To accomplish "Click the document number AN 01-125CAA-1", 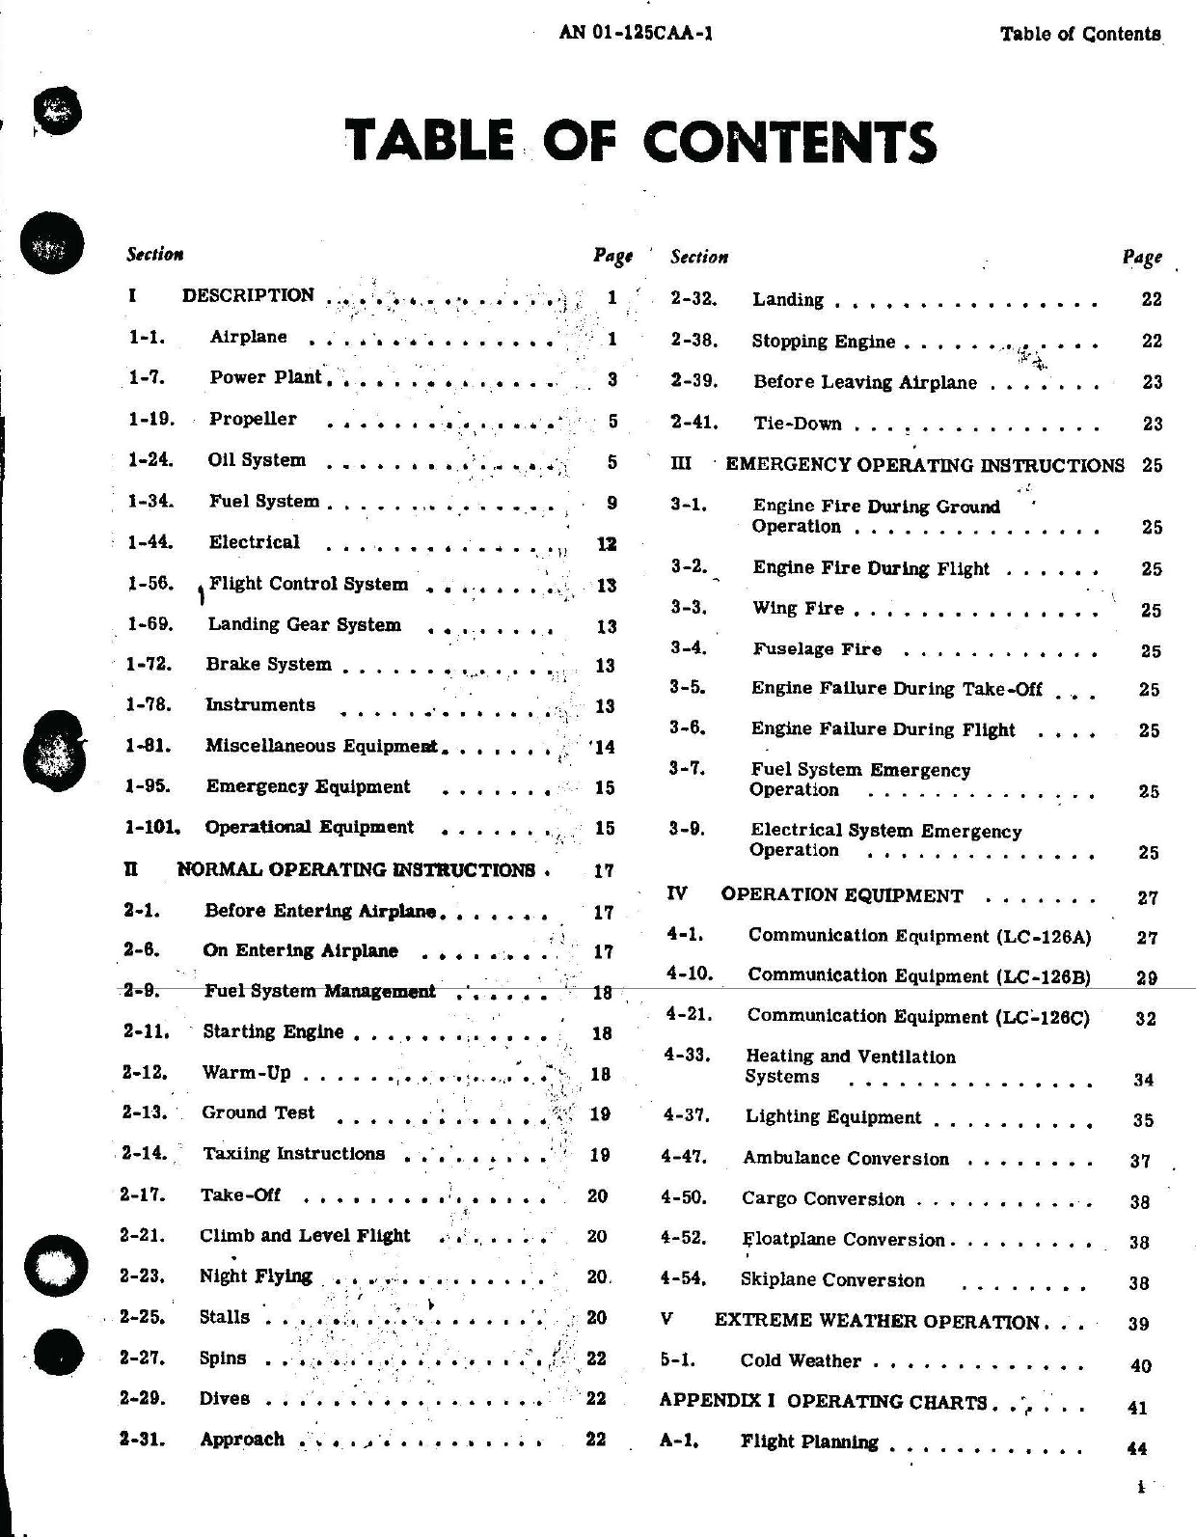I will (x=636, y=33).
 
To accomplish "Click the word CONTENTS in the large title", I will (x=788, y=142).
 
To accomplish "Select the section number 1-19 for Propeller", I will (x=150, y=419).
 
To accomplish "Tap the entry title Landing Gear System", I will (x=304, y=624).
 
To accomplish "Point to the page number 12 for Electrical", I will (x=606, y=544).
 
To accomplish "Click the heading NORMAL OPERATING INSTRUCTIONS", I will (x=355, y=870).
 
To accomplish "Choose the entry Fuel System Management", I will (x=319, y=991).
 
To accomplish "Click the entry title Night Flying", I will (x=256, y=1276).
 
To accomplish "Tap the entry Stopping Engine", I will (x=823, y=342).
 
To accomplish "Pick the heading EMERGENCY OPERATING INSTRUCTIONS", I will (x=924, y=465).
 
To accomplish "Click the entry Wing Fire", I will (x=798, y=608).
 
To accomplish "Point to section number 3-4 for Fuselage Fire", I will (x=688, y=648).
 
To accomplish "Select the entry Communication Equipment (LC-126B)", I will (x=918, y=975).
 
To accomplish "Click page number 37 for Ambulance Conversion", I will (x=1140, y=1161).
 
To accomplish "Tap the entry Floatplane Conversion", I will (x=843, y=1240).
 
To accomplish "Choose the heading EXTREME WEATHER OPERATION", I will (x=876, y=1322).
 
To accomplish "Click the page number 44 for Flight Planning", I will (x=1137, y=1447).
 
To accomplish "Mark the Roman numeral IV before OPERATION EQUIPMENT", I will (x=677, y=893).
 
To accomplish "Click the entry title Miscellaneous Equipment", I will (x=321, y=746).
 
